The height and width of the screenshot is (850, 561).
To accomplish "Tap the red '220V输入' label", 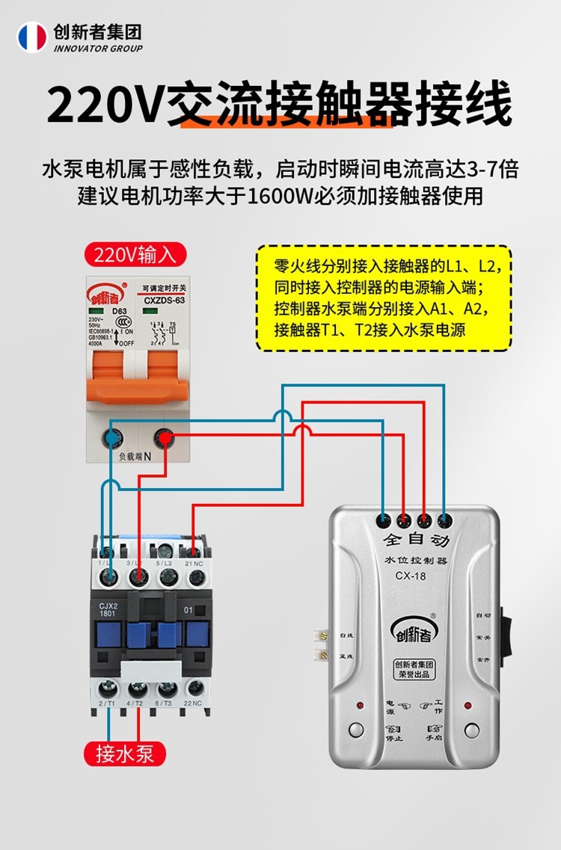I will (135, 254).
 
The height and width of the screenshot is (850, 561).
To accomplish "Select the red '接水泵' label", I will (124, 753).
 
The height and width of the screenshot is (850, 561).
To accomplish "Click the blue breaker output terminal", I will (112, 438).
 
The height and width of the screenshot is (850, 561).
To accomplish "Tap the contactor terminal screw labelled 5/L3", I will (167, 576).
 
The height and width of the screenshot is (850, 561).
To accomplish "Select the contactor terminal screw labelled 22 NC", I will (197, 689).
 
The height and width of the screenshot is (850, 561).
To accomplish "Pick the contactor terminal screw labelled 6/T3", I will (167, 689).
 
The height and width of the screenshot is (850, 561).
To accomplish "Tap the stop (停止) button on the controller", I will (355, 730).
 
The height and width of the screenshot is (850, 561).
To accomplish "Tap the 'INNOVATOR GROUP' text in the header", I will (98, 49).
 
